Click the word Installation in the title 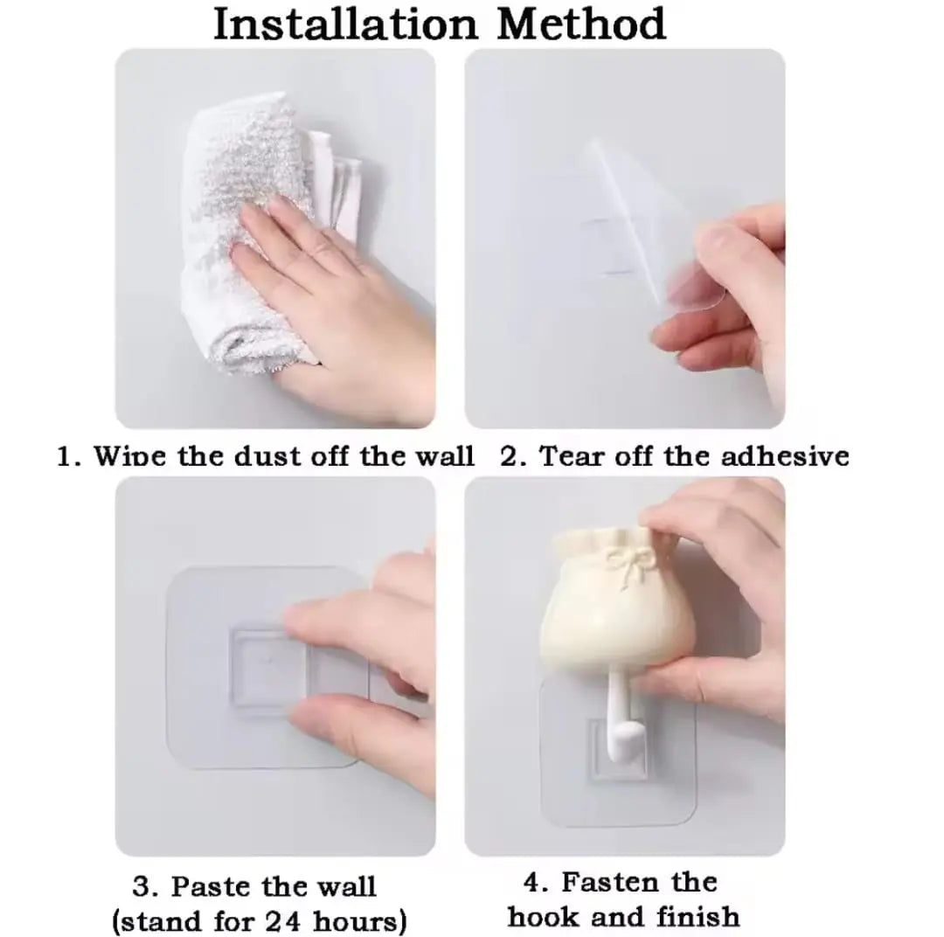click(x=345, y=24)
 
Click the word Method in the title click(x=581, y=24)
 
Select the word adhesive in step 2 click(x=784, y=456)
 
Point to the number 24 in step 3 click(x=283, y=921)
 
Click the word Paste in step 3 click(x=211, y=886)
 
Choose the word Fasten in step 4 click(x=610, y=882)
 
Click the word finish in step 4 click(x=698, y=917)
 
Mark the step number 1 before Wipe click(x=68, y=456)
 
